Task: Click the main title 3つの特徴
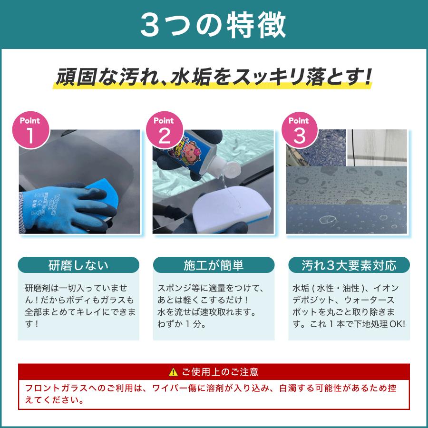(x=214, y=25)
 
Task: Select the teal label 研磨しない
(x=78, y=265)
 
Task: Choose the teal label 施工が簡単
(x=214, y=265)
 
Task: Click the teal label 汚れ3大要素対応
(x=349, y=265)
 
